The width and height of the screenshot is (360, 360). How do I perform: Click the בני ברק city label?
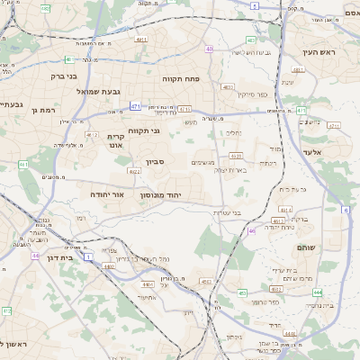[86, 76]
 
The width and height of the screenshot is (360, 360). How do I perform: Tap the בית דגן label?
[58, 255]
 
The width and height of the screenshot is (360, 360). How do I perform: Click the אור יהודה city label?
[107, 193]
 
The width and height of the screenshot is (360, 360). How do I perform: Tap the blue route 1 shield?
[88, 256]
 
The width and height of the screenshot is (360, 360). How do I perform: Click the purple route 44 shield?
[36, 256]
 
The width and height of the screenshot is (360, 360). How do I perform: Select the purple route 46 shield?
[252, 231]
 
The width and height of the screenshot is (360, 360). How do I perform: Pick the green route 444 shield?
[318, 292]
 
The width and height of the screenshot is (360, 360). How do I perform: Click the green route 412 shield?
[7, 310]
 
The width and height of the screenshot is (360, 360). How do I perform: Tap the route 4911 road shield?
[140, 40]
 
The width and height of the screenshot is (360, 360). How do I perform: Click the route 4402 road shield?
[109, 266]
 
